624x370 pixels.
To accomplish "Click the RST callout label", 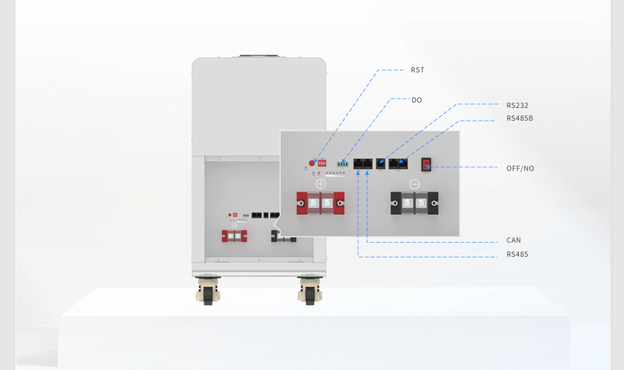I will [417, 70].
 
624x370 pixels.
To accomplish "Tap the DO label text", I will [417, 100].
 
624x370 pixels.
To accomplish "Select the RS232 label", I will [517, 105].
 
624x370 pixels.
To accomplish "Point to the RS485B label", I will [520, 118].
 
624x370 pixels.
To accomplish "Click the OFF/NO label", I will [520, 168].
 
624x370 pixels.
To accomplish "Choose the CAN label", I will [513, 240].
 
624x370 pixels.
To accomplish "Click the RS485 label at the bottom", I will [517, 254].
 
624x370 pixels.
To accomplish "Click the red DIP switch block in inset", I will [322, 162].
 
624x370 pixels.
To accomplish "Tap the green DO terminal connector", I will [343, 163].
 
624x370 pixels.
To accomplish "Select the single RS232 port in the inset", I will [381, 163].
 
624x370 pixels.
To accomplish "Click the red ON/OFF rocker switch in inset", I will [425, 165].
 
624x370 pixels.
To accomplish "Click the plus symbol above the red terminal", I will [320, 184].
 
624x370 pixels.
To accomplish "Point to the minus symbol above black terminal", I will [414, 184].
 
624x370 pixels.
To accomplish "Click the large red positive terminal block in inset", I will [320, 204].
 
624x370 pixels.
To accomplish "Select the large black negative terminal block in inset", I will [414, 203].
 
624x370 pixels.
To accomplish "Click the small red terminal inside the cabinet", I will [235, 235].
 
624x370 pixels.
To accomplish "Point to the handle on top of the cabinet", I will [259, 56].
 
